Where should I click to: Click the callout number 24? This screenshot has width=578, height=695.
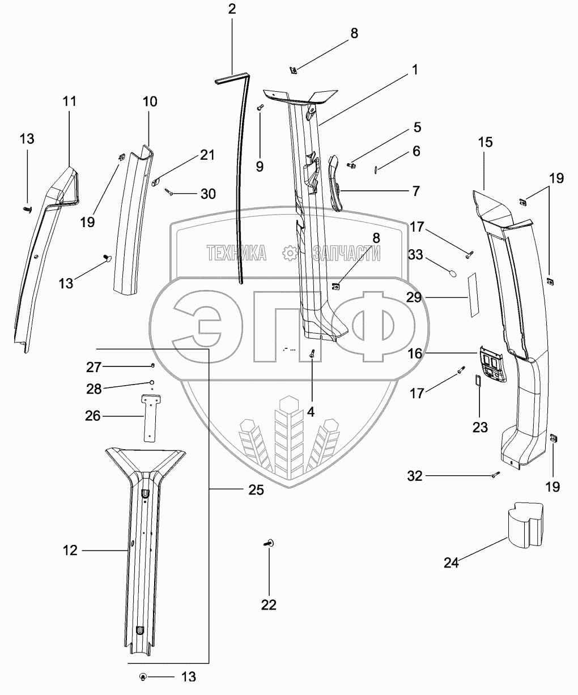tap(451, 562)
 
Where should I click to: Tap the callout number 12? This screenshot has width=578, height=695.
tap(70, 549)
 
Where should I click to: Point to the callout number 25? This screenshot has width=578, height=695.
tap(256, 490)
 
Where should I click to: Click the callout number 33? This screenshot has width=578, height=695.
tap(415, 255)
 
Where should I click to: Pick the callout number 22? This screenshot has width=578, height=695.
tap(269, 605)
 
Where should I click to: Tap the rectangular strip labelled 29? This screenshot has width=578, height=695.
tap(472, 296)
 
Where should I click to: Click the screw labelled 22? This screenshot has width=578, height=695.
tap(269, 544)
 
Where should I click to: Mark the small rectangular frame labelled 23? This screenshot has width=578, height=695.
tap(477, 380)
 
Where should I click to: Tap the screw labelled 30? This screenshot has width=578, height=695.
tap(171, 193)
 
